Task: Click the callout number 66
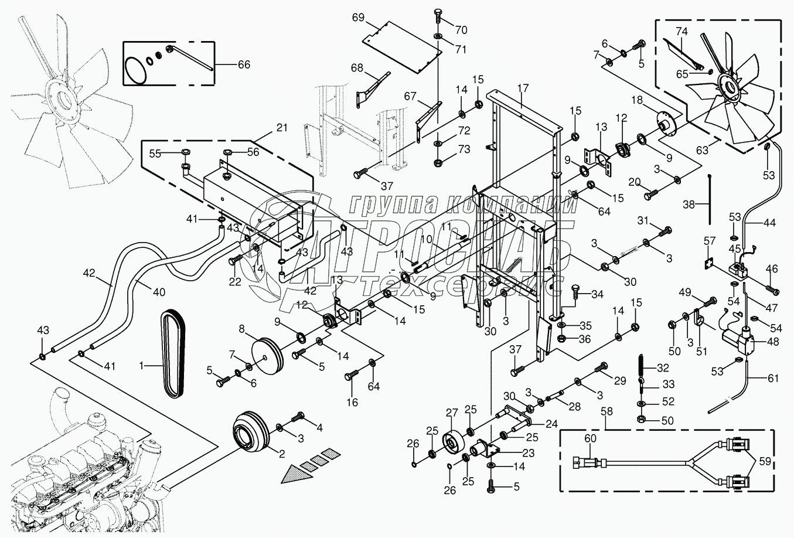243,64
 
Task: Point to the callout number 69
359,18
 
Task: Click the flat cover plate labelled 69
403,47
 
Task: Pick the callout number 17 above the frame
523,88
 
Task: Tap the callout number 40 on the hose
143,292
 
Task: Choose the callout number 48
772,340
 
